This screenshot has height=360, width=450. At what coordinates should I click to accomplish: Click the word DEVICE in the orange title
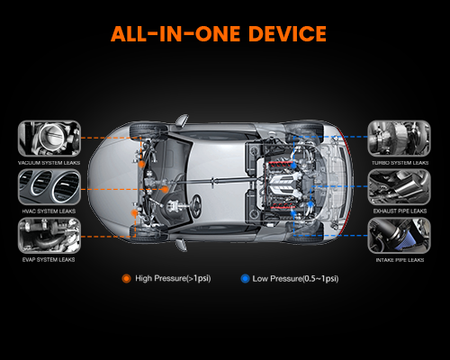pyautogui.click(x=287, y=33)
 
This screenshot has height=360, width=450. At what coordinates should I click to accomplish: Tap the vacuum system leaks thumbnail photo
pyautogui.click(x=49, y=139)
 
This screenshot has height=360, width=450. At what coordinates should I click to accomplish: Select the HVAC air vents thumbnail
pyautogui.click(x=49, y=187)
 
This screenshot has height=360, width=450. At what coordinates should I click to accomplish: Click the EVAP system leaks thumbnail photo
pyautogui.click(x=49, y=236)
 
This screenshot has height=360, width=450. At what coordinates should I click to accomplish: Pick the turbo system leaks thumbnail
pyautogui.click(x=400, y=139)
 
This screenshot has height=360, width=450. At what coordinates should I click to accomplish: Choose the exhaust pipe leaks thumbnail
pyautogui.click(x=400, y=187)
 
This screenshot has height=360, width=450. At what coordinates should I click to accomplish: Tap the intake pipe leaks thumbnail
pyautogui.click(x=400, y=236)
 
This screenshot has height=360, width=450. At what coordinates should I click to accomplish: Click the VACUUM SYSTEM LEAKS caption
pyautogui.click(x=49, y=163)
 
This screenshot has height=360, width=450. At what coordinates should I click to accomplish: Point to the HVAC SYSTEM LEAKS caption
pyautogui.click(x=49, y=211)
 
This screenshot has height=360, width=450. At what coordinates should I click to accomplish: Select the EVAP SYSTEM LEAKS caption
pyautogui.click(x=49, y=260)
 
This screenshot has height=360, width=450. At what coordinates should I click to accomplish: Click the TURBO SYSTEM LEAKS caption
pyautogui.click(x=400, y=163)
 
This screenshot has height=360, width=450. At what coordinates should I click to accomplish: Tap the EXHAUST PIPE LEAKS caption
pyautogui.click(x=400, y=211)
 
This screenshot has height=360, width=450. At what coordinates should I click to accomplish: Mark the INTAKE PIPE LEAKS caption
pyautogui.click(x=400, y=260)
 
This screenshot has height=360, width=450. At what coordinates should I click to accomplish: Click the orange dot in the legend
pyautogui.click(x=127, y=279)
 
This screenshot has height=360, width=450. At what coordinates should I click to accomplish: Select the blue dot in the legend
pyautogui.click(x=245, y=279)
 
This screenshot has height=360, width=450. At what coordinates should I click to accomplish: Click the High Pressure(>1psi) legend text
pyautogui.click(x=173, y=278)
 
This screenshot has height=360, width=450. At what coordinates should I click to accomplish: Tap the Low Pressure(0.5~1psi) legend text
pyautogui.click(x=295, y=279)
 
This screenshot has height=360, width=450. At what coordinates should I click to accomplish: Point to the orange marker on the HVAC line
pyautogui.click(x=165, y=189)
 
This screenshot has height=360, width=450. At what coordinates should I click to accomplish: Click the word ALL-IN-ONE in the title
pyautogui.click(x=175, y=33)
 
